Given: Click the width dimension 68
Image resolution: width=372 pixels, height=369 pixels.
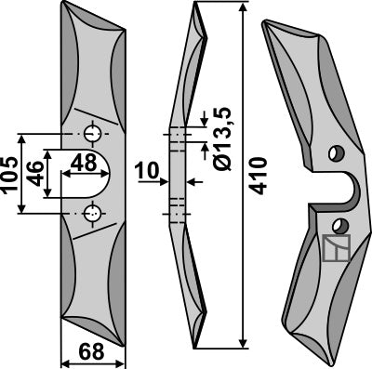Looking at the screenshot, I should pos(90,352).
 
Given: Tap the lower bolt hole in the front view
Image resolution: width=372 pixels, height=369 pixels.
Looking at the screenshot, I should pos(91,213).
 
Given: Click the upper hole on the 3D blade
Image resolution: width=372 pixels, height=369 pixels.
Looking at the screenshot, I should pos(336,152).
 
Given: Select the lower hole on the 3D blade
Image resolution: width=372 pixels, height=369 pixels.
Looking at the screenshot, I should pos(341,224).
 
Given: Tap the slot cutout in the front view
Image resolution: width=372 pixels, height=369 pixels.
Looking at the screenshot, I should pos(91,174).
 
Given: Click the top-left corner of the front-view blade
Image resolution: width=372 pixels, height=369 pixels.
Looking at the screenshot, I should pos(62,5).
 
